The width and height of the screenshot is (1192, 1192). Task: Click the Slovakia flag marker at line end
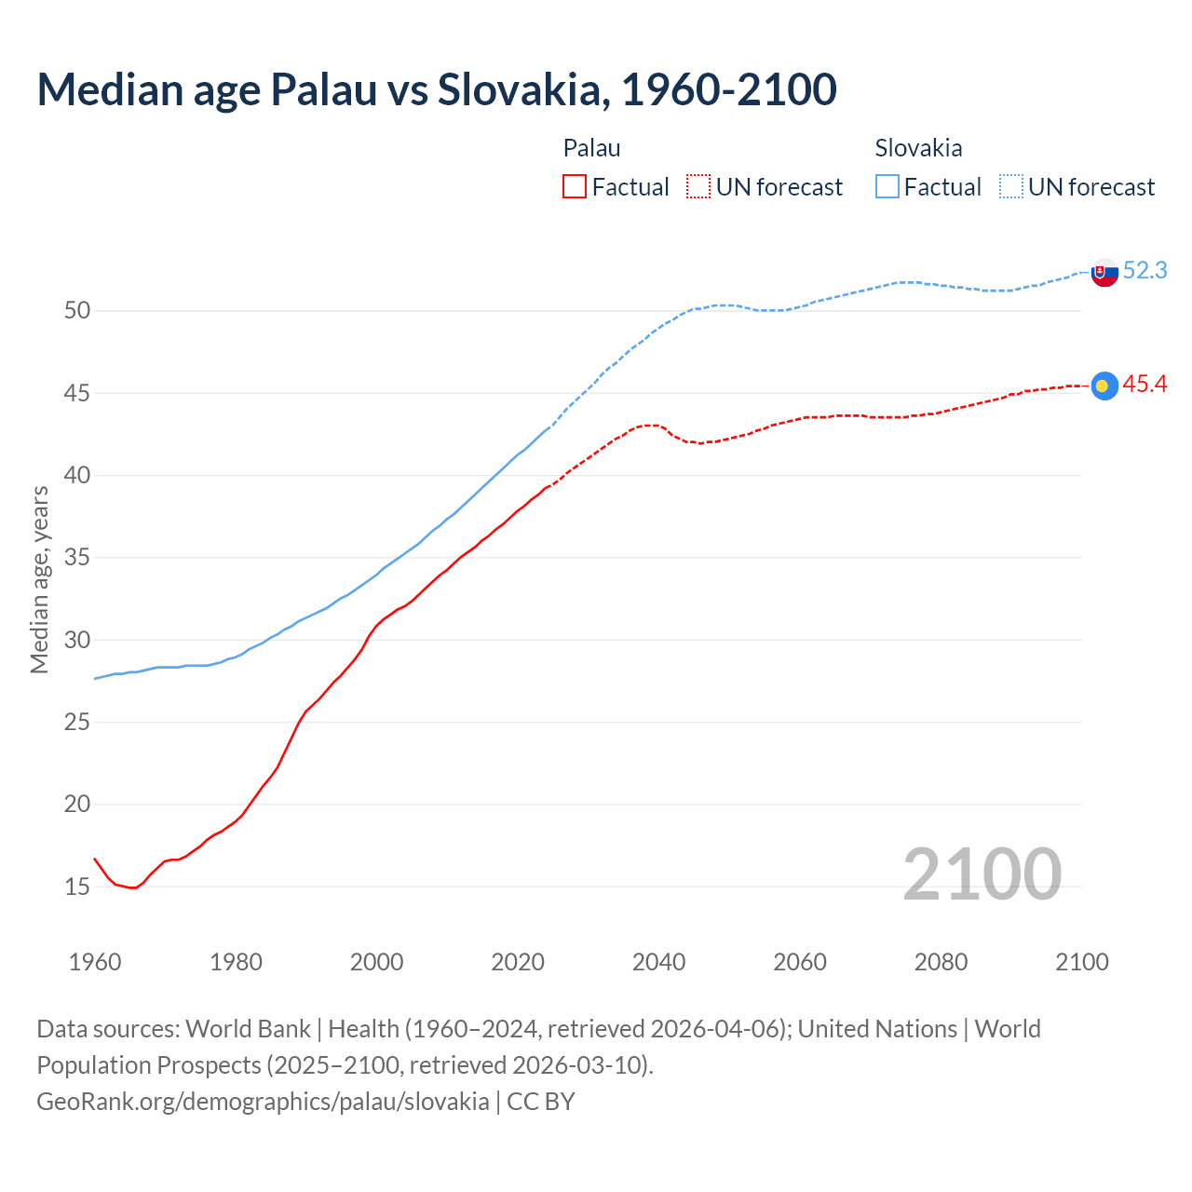pos(1104,273)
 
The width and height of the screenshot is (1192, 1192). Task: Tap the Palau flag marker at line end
pos(1104,386)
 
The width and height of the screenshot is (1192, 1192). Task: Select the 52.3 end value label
pos(1145,271)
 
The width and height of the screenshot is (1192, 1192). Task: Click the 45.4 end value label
pos(1145,385)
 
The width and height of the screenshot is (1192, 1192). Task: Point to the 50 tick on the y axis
pos(77,311)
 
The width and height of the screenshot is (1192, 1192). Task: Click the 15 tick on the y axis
pos(77,887)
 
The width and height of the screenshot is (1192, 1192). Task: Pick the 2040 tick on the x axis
pos(658,962)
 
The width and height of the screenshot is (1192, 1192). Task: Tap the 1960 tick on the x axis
pos(95,962)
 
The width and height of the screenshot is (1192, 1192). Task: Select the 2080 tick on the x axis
pos(941,962)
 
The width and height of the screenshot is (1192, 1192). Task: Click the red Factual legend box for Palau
pos(575,187)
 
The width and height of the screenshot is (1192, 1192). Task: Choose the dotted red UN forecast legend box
pos(698,187)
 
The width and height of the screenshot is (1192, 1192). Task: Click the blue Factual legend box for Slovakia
pos(887,187)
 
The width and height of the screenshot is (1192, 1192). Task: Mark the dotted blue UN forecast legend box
pos(1011,187)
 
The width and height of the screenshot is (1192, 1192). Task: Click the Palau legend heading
pos(591,148)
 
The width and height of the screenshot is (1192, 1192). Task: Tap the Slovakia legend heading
pos(918,148)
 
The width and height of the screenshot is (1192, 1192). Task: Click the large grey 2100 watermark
pos(982,874)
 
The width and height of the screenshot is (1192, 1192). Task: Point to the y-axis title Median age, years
pos(39,579)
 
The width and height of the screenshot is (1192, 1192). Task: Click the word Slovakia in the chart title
pos(523,89)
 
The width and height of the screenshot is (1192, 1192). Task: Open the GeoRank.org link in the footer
pos(263,1102)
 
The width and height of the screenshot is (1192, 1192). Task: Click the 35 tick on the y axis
pos(77,558)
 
